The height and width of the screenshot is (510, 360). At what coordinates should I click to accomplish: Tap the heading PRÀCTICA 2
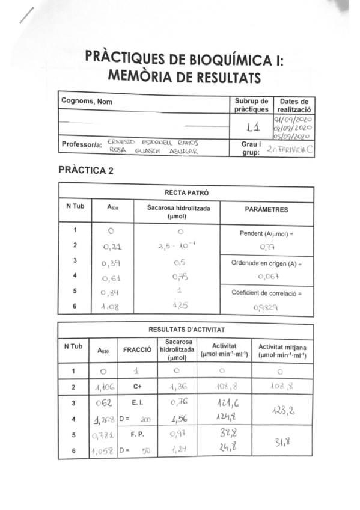click(86, 170)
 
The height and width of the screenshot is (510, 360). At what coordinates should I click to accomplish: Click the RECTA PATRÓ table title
click(186, 194)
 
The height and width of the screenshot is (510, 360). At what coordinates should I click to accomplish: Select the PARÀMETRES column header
click(267, 210)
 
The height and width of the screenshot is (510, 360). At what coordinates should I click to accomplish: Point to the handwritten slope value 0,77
click(267, 247)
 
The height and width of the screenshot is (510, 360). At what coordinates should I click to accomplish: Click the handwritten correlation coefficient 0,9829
click(267, 307)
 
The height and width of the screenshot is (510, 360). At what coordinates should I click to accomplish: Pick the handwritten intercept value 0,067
click(267, 277)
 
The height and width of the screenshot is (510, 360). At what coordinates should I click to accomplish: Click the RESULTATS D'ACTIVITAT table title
click(186, 330)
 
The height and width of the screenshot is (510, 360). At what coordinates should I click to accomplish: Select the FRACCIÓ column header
click(137, 349)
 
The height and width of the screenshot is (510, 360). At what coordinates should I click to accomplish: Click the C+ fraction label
click(137, 387)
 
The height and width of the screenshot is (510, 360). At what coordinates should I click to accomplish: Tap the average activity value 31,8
click(282, 443)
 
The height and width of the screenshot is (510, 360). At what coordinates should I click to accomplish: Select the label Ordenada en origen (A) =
click(266, 263)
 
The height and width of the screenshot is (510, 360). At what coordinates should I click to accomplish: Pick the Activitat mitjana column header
click(282, 349)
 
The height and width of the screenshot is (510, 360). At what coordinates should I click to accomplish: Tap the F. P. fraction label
click(137, 433)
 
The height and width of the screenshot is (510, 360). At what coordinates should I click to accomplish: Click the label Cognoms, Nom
click(87, 102)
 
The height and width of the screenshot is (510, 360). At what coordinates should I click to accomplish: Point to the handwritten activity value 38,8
click(224, 432)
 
